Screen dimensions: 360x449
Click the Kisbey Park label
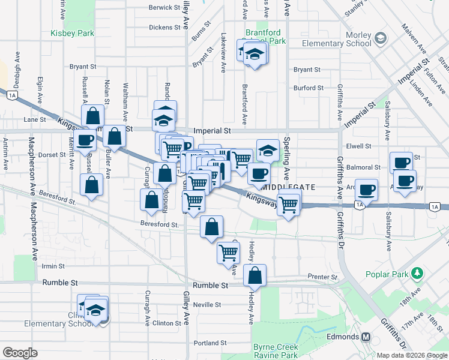[x=73, y=33]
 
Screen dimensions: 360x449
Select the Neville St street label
[x=208, y=305]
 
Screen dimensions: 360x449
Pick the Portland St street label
[x=210, y=343]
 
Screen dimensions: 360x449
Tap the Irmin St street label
[x=53, y=266]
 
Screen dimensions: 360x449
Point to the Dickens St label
[x=164, y=28]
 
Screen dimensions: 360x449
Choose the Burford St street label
[x=309, y=88]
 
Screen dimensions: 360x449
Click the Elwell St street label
[x=359, y=146]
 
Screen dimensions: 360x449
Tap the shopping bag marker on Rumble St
[x=255, y=276]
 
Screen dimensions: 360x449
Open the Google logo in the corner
[x=20, y=353]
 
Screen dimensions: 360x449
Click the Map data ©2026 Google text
[x=411, y=355]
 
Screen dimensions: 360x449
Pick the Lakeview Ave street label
[x=223, y=53]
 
